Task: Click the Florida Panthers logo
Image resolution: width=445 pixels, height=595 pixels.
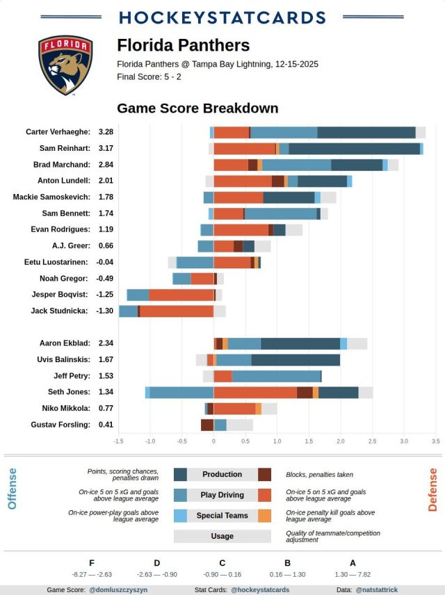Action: [x=65, y=65]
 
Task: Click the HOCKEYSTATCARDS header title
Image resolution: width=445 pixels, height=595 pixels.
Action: [x=222, y=17]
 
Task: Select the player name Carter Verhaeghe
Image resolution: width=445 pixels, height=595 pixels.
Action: [x=58, y=131]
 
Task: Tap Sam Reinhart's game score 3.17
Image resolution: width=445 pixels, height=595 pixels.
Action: [x=106, y=148]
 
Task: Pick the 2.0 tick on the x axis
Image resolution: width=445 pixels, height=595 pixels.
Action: [x=341, y=441]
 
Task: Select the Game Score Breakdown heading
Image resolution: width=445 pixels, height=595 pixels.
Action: [x=197, y=108]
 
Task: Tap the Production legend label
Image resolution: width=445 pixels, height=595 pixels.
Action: [x=222, y=474]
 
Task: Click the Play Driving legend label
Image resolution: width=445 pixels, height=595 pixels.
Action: [x=222, y=495]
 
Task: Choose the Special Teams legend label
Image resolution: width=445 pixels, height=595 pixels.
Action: [x=222, y=516]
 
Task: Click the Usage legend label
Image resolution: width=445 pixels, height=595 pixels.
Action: [x=222, y=536]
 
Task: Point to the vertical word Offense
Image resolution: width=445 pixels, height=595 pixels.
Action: [x=12, y=489]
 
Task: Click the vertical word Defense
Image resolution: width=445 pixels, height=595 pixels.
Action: [x=432, y=490]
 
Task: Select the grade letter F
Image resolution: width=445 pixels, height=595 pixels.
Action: [x=92, y=563]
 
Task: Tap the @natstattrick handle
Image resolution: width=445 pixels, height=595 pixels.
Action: [x=378, y=589]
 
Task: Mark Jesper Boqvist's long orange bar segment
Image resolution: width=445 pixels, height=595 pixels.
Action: [x=181, y=295]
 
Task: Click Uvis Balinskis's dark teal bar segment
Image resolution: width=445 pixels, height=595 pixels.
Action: [x=296, y=359]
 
